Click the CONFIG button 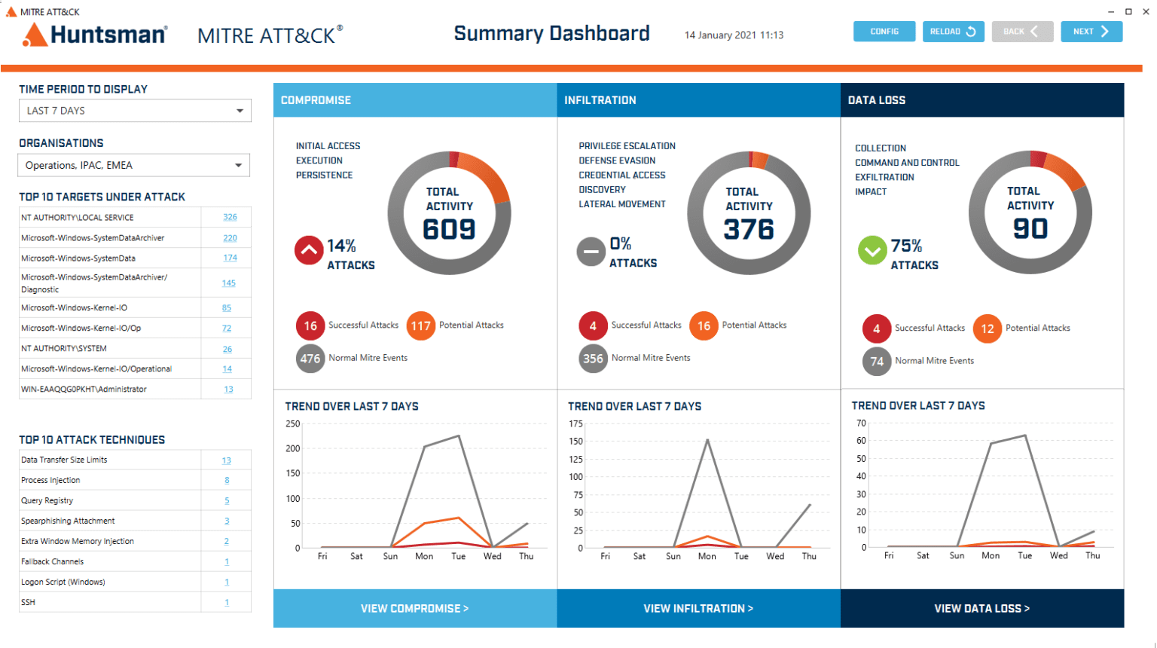pyautogui.click(x=884, y=32)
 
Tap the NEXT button pyautogui.click(x=1091, y=32)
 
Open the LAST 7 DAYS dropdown pyautogui.click(x=135, y=111)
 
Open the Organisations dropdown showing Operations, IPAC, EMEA pyautogui.click(x=134, y=165)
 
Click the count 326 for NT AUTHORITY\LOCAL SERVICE pyautogui.click(x=230, y=217)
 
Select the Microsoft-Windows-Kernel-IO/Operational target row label pyautogui.click(x=96, y=369)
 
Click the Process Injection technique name pyautogui.click(x=50, y=480)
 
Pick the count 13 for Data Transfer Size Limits pyautogui.click(x=227, y=460)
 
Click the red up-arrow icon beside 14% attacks pyautogui.click(x=309, y=250)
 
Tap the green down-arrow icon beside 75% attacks pyautogui.click(x=872, y=250)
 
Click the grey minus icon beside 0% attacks pyautogui.click(x=591, y=252)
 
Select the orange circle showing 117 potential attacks pyautogui.click(x=420, y=326)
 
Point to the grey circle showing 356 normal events pyautogui.click(x=593, y=359)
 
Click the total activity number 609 pyautogui.click(x=449, y=229)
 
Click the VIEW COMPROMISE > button pyautogui.click(x=414, y=608)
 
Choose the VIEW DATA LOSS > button pyautogui.click(x=981, y=608)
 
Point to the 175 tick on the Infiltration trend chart pyautogui.click(x=575, y=424)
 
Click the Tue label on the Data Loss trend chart pyautogui.click(x=1024, y=555)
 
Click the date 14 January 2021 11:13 pyautogui.click(x=734, y=35)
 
